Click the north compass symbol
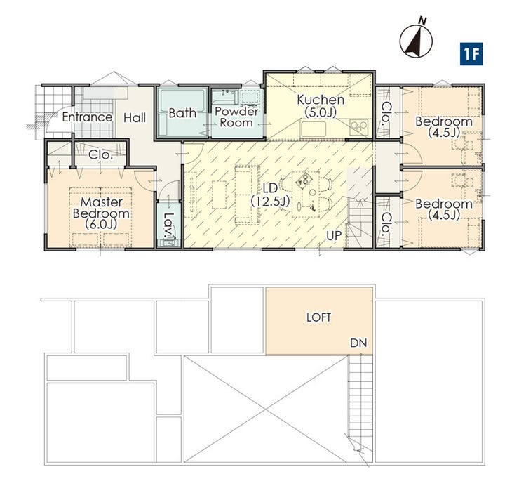pos(416,40)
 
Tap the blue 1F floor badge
pos(471,54)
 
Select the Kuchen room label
pos(321,106)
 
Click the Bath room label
pos(182,113)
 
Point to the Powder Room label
pos(236,117)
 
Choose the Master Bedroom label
pos(101,213)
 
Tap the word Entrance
pos(87,117)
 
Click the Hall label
pos(135,118)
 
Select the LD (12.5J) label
pos(270,195)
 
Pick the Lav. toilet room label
pos(169,225)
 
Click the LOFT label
pos(318,317)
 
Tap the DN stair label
pos(359,343)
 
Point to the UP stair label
pos(334,235)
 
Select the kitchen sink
pos(313,129)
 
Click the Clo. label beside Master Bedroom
pos(100,154)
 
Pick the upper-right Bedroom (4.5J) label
pos(444,126)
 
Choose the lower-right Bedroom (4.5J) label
pos(444,209)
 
